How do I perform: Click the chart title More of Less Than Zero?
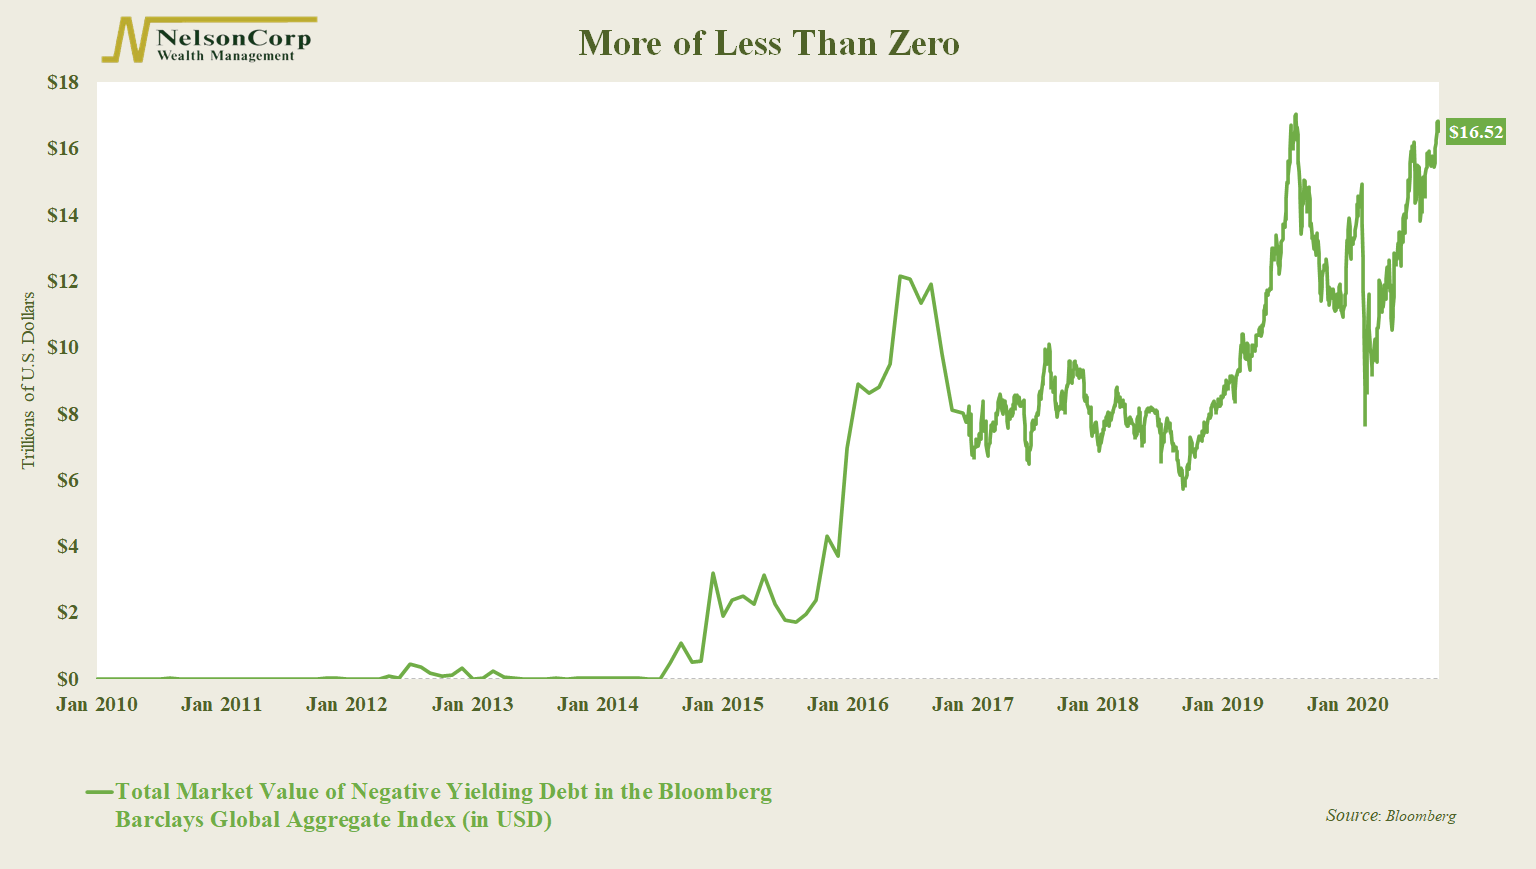(768, 44)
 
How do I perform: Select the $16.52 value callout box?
(1475, 132)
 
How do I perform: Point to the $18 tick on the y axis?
(63, 83)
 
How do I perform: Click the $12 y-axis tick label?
(63, 282)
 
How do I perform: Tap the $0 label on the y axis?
(68, 679)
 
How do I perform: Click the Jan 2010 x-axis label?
(97, 705)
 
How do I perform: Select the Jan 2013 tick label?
(472, 705)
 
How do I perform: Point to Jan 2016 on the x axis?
(847, 705)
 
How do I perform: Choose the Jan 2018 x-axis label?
(1097, 705)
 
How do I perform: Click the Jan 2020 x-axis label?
(1347, 705)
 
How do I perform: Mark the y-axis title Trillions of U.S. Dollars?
(28, 380)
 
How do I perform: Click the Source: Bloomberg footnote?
(1390, 816)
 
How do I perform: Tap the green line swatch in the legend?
(99, 793)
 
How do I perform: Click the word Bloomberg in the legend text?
(714, 792)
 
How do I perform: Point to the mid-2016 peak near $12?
(901, 276)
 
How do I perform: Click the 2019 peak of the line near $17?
(1296, 115)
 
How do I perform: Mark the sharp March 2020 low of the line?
(1365, 424)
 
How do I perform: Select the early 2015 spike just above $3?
(712, 574)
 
